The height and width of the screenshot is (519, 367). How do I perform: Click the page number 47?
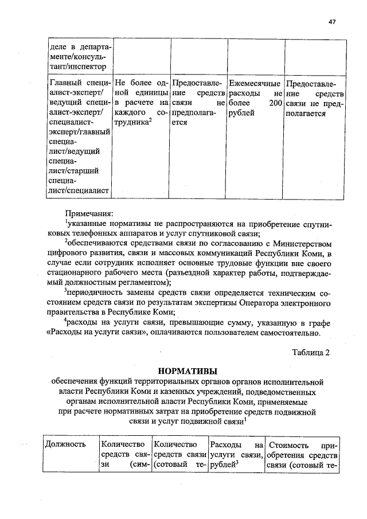[332, 22]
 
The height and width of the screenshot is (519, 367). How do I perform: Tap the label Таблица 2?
[311, 352]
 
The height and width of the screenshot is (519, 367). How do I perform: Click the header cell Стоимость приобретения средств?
[302, 455]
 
